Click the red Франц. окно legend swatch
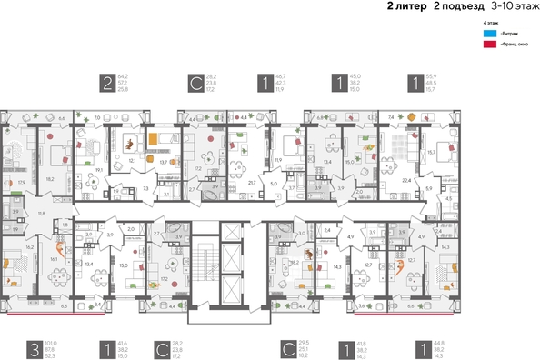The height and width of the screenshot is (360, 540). [x=491, y=43]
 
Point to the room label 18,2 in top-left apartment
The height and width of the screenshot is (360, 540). [x=50, y=179]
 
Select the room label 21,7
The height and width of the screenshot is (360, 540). [x=251, y=182]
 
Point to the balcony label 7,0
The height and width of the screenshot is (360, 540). [x=97, y=118]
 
